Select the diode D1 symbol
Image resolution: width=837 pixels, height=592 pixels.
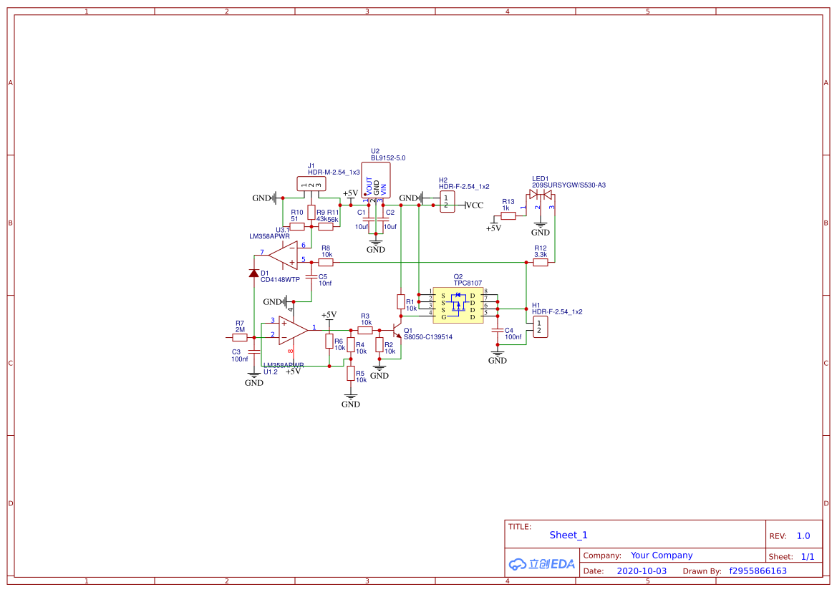[253, 273]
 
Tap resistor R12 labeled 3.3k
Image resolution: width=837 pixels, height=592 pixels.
[541, 263]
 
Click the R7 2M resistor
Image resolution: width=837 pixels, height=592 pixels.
[240, 336]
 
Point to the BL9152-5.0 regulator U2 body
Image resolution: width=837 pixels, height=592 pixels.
[376, 179]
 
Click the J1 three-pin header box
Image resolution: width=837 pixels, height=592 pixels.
[311, 185]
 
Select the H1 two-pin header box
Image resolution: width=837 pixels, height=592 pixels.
[538, 327]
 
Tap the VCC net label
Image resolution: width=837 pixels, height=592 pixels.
[474, 205]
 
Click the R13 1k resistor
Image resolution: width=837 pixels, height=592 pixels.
[508, 215]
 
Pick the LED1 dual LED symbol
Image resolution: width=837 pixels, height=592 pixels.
[541, 195]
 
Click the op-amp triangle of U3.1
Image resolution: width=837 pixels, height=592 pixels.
[284, 255]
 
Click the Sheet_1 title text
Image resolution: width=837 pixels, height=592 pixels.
[569, 535]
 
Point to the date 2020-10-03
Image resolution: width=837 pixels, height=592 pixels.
[642, 571]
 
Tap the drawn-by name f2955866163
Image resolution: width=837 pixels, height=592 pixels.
[758, 571]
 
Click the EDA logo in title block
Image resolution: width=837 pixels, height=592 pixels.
[542, 564]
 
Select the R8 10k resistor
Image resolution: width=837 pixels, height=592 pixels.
[326, 263]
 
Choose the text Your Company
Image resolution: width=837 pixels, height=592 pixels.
[662, 555]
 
